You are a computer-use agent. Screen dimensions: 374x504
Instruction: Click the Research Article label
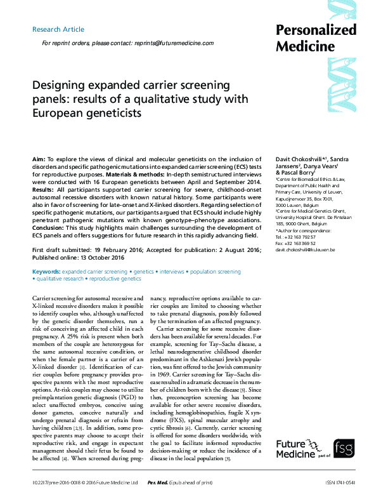[58, 29]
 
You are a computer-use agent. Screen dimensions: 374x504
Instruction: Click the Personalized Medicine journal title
[316, 38]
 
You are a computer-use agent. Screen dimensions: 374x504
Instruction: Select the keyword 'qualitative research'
[59, 279]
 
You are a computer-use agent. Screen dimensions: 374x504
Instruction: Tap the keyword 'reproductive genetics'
[115, 279]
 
